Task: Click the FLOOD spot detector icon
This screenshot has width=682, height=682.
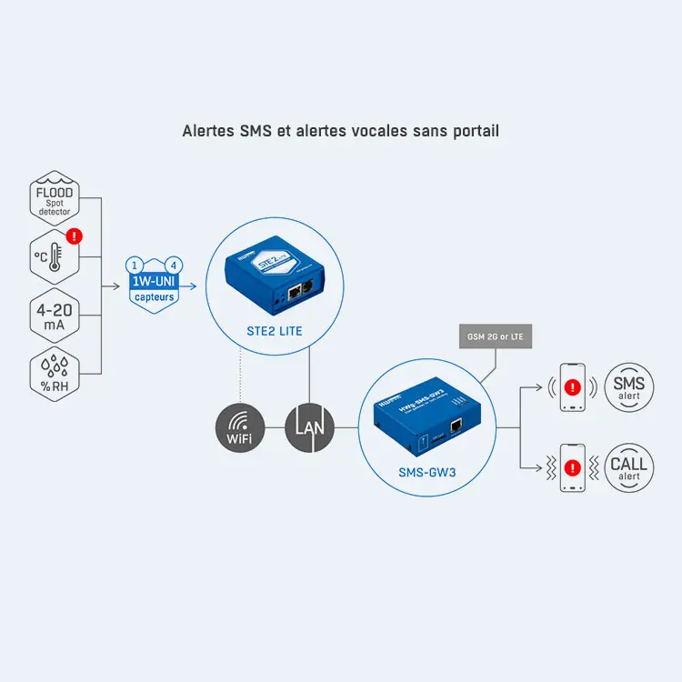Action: [x=54, y=199]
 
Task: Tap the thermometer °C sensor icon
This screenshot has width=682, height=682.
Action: [x=54, y=256]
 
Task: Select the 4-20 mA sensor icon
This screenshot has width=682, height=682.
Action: [x=54, y=315]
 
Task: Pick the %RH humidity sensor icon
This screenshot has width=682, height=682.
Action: [x=54, y=372]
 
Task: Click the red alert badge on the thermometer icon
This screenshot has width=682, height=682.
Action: [x=75, y=236]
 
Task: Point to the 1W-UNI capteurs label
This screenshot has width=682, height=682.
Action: [x=153, y=289]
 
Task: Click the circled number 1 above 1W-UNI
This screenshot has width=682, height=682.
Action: [x=134, y=266]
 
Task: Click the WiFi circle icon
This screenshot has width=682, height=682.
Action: [x=239, y=425]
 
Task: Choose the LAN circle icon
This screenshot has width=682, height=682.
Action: [x=310, y=425]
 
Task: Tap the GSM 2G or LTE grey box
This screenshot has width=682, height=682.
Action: [x=496, y=337]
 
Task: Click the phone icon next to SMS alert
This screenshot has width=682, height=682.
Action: [x=572, y=389]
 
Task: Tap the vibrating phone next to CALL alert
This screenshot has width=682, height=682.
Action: [x=572, y=467]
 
